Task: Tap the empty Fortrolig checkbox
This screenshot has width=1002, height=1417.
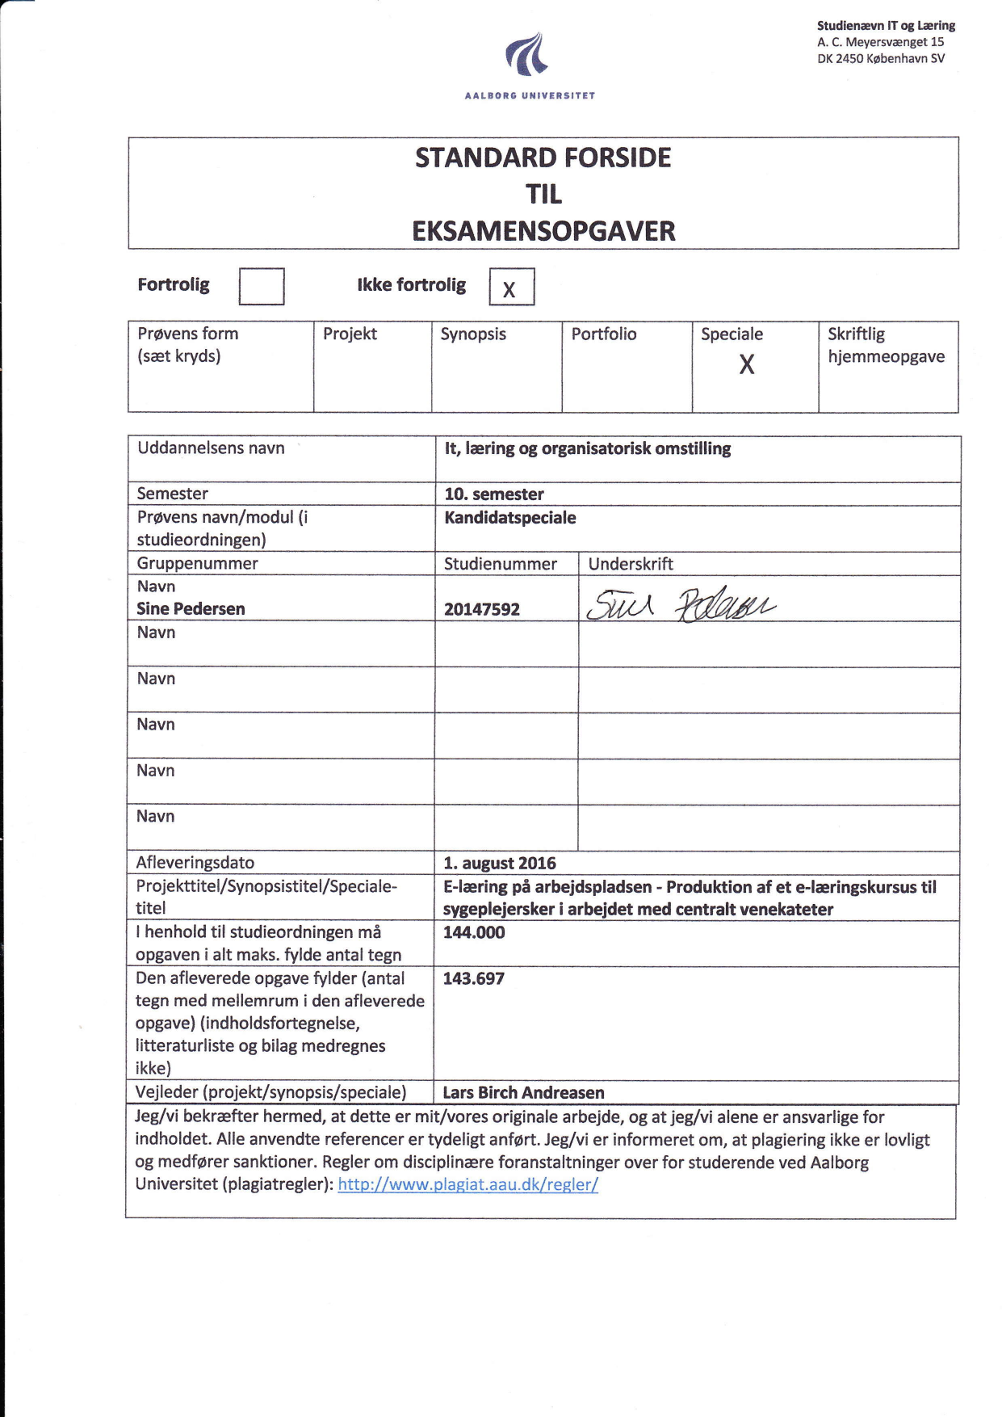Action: (262, 286)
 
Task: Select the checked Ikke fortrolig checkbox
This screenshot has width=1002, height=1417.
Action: (511, 287)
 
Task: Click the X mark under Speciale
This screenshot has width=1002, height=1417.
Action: (747, 365)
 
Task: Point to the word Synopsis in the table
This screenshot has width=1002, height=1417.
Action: (473, 334)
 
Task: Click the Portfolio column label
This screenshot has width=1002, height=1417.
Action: (604, 334)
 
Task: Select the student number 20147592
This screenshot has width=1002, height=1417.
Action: (482, 609)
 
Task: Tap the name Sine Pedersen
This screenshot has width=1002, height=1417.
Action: (191, 609)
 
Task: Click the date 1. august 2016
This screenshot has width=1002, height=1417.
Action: (500, 863)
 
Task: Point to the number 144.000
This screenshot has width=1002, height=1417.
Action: (474, 932)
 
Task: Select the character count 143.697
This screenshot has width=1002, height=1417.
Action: (474, 978)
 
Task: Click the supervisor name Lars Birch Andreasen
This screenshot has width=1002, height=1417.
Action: (523, 1092)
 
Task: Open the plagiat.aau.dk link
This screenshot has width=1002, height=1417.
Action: (467, 1184)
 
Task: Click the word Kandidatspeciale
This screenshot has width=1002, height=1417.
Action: (510, 518)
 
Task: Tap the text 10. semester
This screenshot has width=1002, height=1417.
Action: (494, 494)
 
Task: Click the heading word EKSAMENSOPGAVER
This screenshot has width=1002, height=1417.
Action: (543, 231)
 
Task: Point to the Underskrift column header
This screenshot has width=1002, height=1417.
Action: (631, 564)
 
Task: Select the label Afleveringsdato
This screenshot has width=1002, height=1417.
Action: (195, 863)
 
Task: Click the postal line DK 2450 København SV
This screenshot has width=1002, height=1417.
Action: (881, 58)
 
